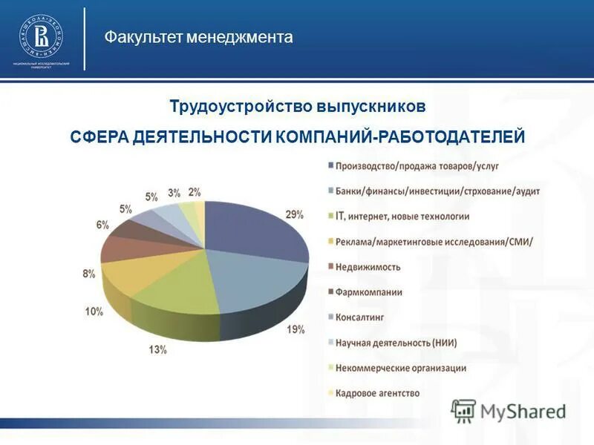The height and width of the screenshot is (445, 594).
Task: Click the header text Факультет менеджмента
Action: pos(198,37)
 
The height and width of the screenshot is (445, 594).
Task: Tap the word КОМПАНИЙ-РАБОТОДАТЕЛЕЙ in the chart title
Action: pos(400,138)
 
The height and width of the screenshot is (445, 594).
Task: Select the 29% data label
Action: pos(294,215)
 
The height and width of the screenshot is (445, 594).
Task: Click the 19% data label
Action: pos(296,330)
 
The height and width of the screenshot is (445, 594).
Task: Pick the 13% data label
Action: pos(157,349)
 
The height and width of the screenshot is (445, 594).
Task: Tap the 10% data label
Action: pos(94,311)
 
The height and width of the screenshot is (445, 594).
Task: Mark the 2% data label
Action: pos(195,191)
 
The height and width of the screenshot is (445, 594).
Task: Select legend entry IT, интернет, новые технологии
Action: pos(402,217)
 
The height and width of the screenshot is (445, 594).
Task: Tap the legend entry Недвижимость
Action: pos(368,267)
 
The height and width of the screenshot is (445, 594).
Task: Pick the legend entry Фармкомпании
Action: pos(368,292)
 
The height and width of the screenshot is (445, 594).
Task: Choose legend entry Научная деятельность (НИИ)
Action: pos(395,343)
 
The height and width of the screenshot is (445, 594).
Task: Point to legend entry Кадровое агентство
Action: pos(377,393)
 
